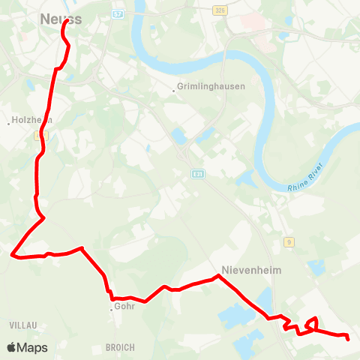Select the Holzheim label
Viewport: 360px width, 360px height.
[31, 120]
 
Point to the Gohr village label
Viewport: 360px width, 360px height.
[124, 306]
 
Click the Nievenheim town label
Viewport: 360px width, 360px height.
[250, 271]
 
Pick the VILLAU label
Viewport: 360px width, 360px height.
[23, 325]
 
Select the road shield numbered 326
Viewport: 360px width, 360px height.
[240, 10]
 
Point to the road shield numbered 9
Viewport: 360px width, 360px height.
[289, 241]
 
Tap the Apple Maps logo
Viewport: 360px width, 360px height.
[27, 348]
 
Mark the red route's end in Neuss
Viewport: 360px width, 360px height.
[67, 21]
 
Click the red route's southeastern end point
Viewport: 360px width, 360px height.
[349, 338]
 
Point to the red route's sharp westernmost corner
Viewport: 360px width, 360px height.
[11, 255]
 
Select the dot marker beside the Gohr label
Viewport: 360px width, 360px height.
[111, 308]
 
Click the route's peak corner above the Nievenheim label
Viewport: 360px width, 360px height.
[218, 276]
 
